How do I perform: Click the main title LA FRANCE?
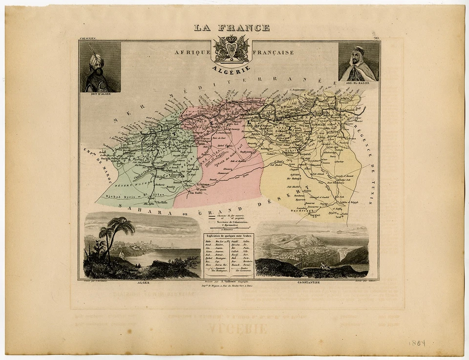232,28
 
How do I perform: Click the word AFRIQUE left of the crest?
192,52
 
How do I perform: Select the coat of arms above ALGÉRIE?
231,49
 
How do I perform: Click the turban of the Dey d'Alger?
95,60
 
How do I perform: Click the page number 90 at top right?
376,38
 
